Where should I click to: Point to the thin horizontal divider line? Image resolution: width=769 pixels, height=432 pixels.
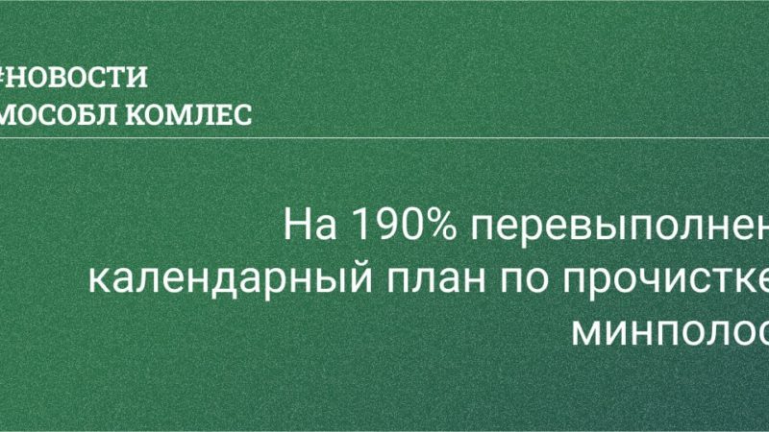pyautogui.click(x=384, y=136)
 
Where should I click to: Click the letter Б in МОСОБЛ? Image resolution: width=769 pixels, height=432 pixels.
pyautogui.click(x=84, y=114)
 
